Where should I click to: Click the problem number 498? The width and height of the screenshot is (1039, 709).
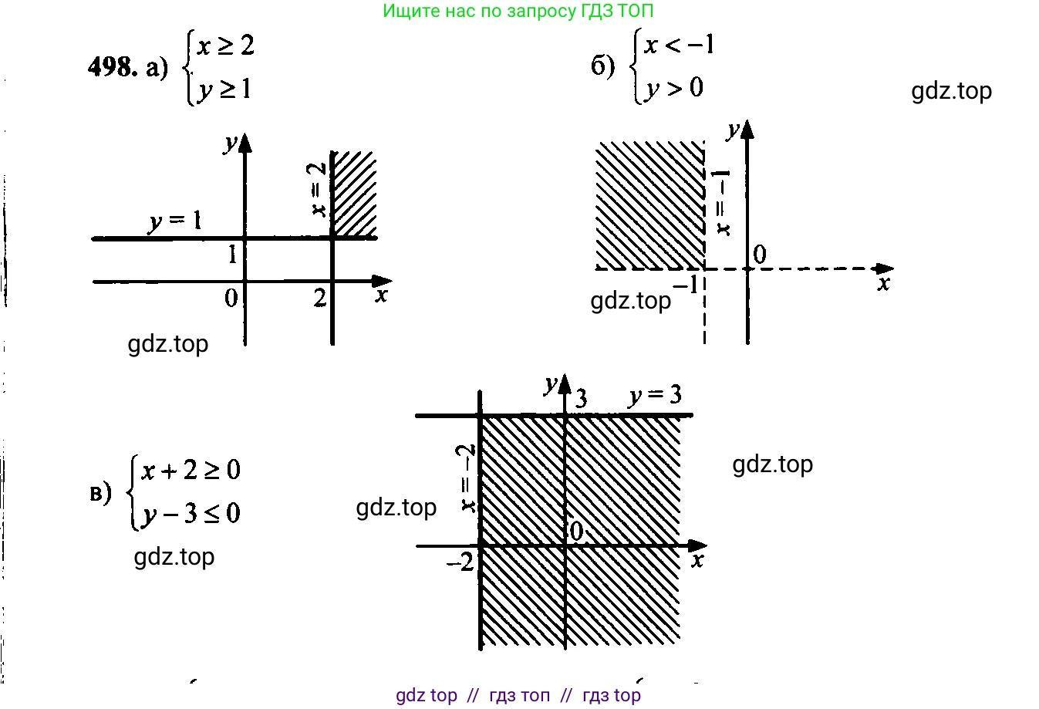tap(113, 67)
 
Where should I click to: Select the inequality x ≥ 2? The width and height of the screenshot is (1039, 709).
tap(225, 46)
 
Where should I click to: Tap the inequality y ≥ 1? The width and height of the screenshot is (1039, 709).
tap(224, 89)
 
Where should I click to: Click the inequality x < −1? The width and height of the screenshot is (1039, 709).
tap(680, 46)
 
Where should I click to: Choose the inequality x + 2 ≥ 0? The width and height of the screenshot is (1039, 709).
tap(191, 469)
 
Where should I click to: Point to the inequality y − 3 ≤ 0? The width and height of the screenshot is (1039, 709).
tap(191, 513)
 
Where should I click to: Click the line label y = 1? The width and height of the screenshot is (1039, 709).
tap(175, 221)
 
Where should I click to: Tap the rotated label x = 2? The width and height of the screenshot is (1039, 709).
tap(317, 189)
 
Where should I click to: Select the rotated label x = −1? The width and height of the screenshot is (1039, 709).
tap(722, 202)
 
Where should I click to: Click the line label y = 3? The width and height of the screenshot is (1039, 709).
tap(655, 396)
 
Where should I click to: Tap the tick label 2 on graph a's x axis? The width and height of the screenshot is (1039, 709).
tap(320, 297)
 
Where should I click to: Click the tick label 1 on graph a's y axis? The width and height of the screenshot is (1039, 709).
tap(233, 254)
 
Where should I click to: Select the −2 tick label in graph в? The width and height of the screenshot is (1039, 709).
tap(460, 563)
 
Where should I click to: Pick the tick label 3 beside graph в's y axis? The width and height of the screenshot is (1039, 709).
tap(581, 398)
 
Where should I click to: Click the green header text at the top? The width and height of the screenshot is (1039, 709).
tap(518, 11)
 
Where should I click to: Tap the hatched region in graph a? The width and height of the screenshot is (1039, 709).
tap(353, 194)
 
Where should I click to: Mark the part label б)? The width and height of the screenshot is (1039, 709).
tap(603, 66)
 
